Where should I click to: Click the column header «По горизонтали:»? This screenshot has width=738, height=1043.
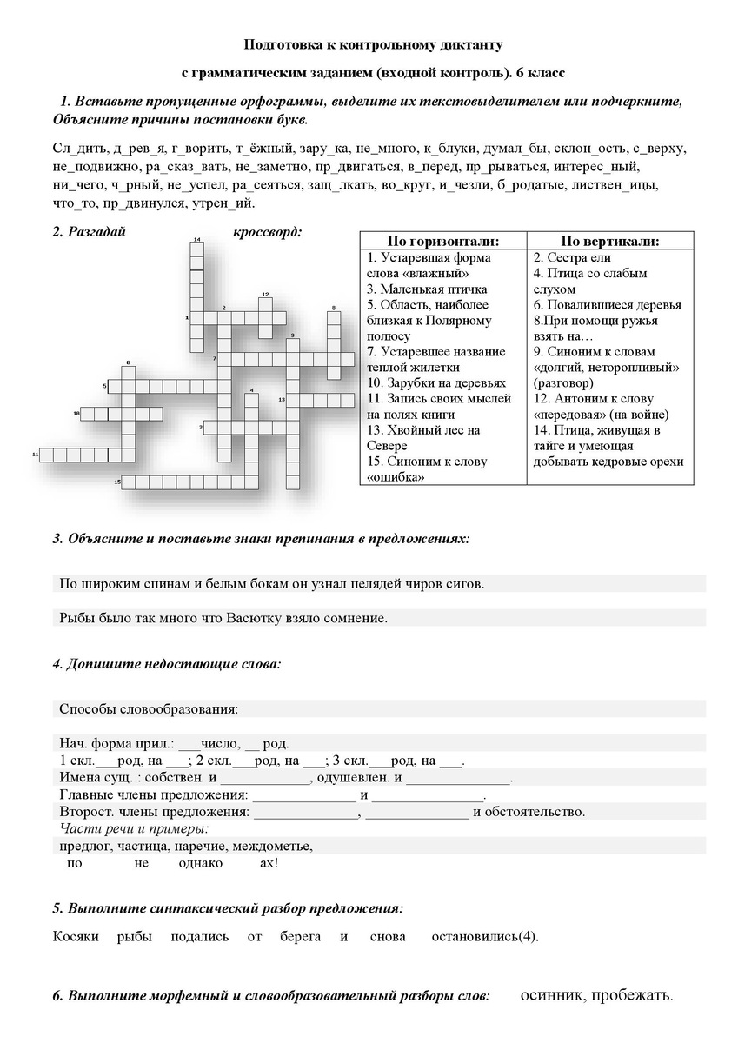[443, 241]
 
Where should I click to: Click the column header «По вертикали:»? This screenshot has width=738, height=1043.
[609, 241]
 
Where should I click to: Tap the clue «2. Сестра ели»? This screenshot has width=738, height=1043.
[572, 257]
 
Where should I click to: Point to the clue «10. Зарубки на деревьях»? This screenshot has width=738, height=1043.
[435, 382]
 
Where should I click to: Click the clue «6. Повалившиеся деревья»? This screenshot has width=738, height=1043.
[607, 304]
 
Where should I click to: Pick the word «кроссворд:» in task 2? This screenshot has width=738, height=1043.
[267, 232]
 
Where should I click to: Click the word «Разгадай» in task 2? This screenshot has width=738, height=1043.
[98, 232]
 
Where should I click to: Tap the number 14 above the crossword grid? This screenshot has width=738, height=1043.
[197, 239]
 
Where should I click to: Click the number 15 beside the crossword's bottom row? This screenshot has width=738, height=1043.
[116, 481]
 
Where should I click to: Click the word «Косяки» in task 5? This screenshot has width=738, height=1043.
[73, 936]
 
